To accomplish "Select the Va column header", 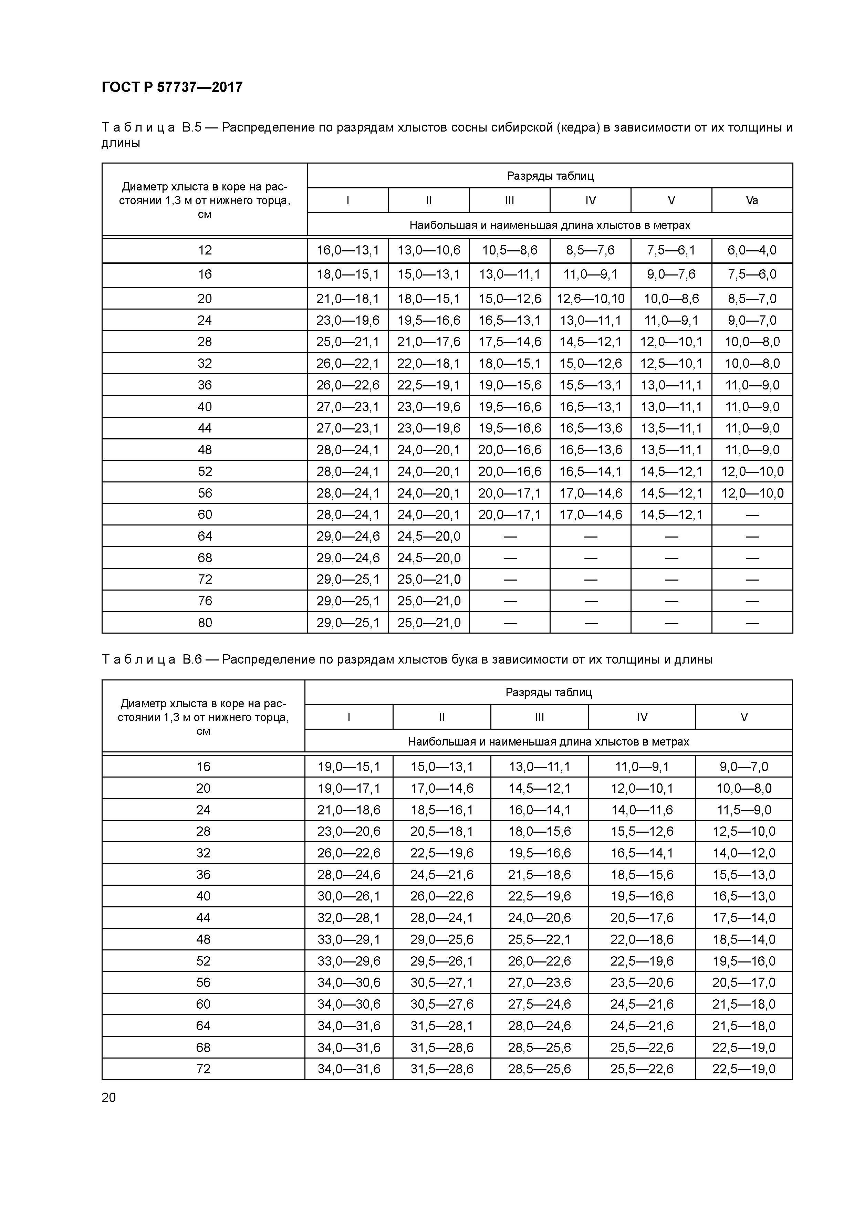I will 752,200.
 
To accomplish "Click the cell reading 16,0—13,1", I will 348,250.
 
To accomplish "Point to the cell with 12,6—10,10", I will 590,299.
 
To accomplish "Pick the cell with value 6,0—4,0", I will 752,250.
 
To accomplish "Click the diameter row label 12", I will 205,250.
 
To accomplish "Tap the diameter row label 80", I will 205,622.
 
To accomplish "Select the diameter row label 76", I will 205,601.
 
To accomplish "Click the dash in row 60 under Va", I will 752,514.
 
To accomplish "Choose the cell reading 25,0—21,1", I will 348,342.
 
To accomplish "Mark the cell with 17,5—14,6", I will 509,342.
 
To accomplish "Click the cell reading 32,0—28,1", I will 349,918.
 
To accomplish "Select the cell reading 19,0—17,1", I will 349,788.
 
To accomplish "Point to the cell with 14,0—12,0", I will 743,853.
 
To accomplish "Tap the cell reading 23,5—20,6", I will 642,982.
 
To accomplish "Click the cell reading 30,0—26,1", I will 349,896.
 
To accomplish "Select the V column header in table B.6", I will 743,717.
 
